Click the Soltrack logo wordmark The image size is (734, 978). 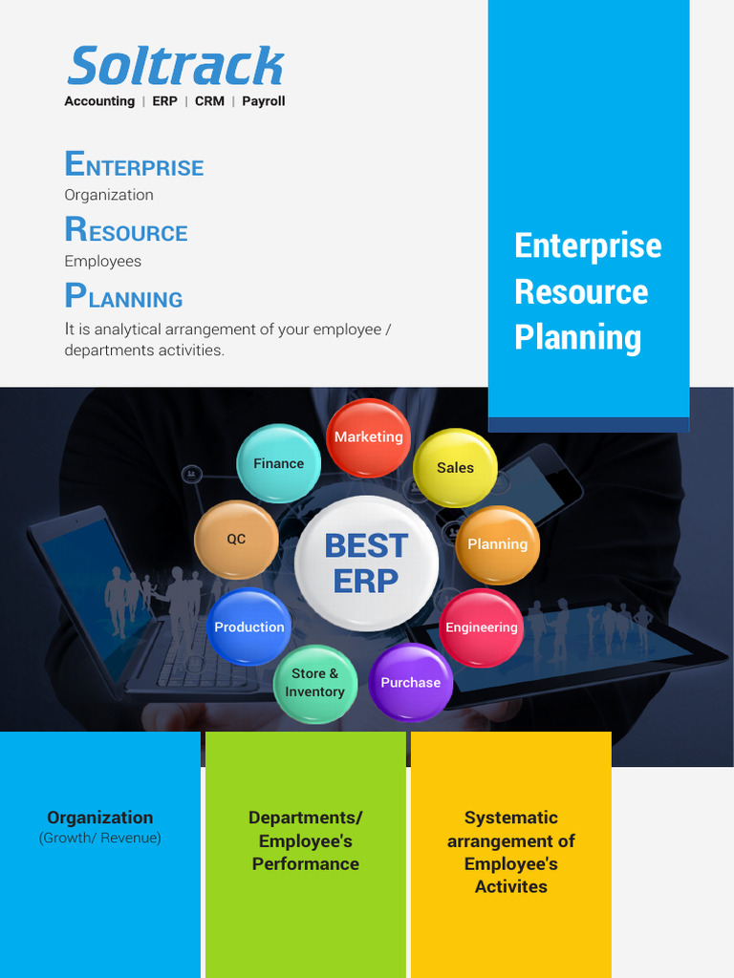[176, 67]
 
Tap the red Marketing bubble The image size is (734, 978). [369, 437]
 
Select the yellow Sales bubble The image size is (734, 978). [455, 468]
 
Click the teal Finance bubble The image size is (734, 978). [278, 464]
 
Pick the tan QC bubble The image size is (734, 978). [236, 540]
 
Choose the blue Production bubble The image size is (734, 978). [249, 627]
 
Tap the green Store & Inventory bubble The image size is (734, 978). [315, 683]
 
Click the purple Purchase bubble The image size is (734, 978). [411, 683]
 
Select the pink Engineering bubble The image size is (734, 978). [482, 627]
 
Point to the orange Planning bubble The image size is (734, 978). [497, 544]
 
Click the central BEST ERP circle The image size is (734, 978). [366, 563]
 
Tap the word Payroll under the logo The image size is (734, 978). [264, 101]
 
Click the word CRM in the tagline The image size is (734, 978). [209, 101]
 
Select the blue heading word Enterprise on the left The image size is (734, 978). [134, 165]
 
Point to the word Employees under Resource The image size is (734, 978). [102, 261]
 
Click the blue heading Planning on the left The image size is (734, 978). [123, 297]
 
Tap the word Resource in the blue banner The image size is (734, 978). [581, 291]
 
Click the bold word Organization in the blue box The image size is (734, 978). [100, 818]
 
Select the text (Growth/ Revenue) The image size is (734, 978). [100, 838]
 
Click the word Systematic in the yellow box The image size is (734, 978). [511, 818]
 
